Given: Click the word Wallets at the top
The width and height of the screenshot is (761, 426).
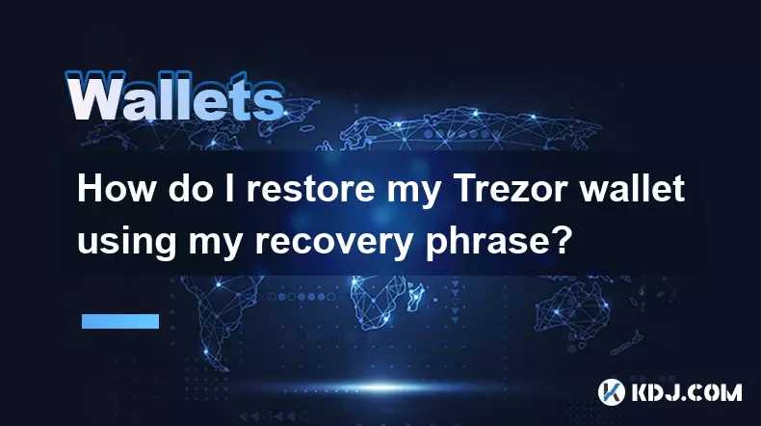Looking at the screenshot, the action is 174,96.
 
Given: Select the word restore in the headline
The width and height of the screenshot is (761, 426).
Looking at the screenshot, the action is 311,190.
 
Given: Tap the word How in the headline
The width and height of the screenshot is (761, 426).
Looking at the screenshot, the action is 117,189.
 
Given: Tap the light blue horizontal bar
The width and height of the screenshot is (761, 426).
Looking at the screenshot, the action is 120,321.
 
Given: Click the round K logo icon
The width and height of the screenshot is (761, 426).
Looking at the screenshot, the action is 612,392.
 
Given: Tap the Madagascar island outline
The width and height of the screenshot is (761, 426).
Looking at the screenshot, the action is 414,297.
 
